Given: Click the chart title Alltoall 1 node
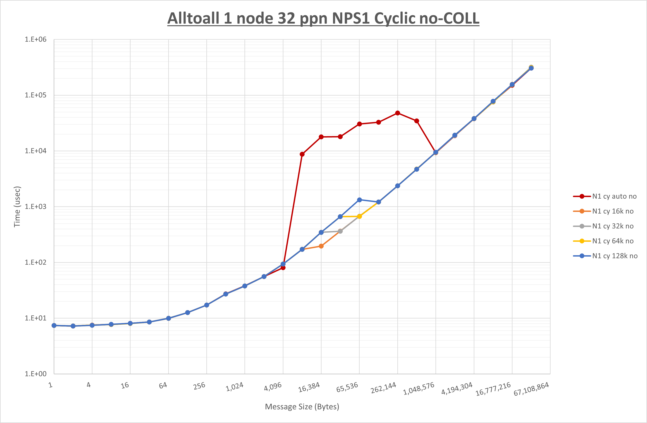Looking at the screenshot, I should tap(323, 18).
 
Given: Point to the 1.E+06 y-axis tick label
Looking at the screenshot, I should tap(36, 39).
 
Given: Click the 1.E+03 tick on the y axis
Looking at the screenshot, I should tap(36, 206).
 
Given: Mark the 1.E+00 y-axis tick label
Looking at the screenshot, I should tap(36, 374).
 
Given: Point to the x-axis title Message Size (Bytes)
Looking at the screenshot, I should tap(302, 407).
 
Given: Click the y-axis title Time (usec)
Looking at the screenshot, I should tap(17, 206).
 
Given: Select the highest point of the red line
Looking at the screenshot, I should tap(398, 113).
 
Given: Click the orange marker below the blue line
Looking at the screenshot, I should tap(321, 246).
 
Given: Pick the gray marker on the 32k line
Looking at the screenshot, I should tap(340, 231).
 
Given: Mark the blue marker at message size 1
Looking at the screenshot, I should tap(54, 325).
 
